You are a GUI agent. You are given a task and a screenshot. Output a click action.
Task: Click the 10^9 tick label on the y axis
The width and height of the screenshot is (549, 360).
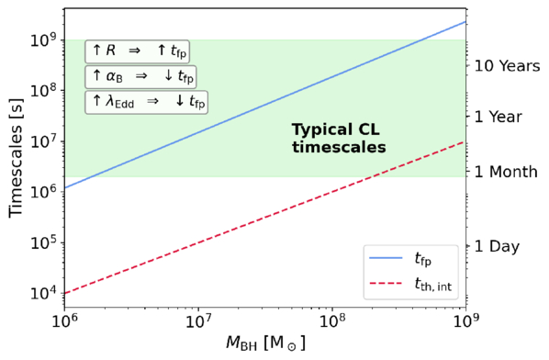tap(44, 40)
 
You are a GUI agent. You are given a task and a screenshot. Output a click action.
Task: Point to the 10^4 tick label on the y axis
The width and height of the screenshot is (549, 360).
tap(44, 294)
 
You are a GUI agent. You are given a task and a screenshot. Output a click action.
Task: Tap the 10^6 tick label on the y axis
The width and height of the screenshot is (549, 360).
tap(44, 192)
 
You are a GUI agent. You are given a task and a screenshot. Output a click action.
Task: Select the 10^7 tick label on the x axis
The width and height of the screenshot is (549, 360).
tap(198, 321)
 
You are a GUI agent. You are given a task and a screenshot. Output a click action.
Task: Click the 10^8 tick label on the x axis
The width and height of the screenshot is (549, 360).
tap(332, 321)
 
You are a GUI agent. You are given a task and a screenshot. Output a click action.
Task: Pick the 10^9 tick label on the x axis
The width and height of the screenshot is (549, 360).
tap(465, 321)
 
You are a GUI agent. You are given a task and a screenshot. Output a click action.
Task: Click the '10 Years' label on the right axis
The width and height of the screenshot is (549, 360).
tap(508, 65)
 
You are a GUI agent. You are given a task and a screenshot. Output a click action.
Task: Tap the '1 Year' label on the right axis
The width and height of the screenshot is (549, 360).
tap(499, 117)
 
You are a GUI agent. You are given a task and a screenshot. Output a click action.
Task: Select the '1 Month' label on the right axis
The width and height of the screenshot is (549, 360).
tap(506, 172)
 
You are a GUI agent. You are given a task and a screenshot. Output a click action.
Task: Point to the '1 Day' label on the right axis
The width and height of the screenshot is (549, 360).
tap(498, 246)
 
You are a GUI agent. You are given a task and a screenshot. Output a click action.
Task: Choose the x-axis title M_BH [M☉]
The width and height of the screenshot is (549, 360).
tap(265, 343)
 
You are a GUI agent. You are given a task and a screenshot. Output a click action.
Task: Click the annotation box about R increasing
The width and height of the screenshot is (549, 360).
tap(138, 51)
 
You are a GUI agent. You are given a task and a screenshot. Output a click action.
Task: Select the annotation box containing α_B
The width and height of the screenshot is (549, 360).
tap(140, 77)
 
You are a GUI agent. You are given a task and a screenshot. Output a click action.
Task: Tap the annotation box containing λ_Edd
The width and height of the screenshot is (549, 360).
tap(146, 102)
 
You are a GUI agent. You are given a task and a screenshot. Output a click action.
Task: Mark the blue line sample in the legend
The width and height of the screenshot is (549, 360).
tap(386, 258)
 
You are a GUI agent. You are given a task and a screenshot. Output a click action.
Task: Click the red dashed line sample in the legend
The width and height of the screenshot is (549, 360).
tap(386, 283)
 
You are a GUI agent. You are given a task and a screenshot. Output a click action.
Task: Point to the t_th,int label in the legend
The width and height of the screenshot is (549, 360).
tap(433, 285)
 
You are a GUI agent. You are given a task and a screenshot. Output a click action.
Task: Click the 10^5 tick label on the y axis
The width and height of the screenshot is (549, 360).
tap(44, 243)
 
